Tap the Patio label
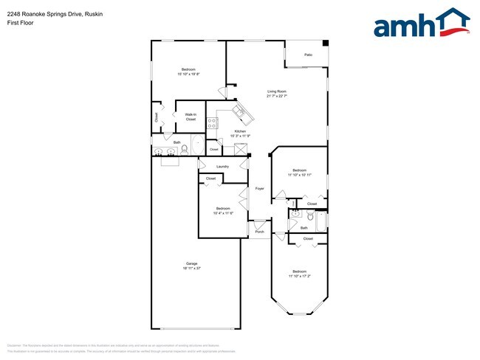coord(308,55)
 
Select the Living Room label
coord(276,91)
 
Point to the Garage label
coord(191,264)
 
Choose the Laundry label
coord(222,167)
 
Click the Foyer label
coord(260,189)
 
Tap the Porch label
coord(259,232)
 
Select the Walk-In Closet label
coord(191,117)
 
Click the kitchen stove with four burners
coord(213,124)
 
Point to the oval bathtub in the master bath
coord(198,145)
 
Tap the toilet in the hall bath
coord(311,218)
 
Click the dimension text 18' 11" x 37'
coord(191,269)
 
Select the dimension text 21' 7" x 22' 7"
coord(276,96)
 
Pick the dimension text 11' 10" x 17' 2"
coord(299,276)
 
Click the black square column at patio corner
coord(326,42)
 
